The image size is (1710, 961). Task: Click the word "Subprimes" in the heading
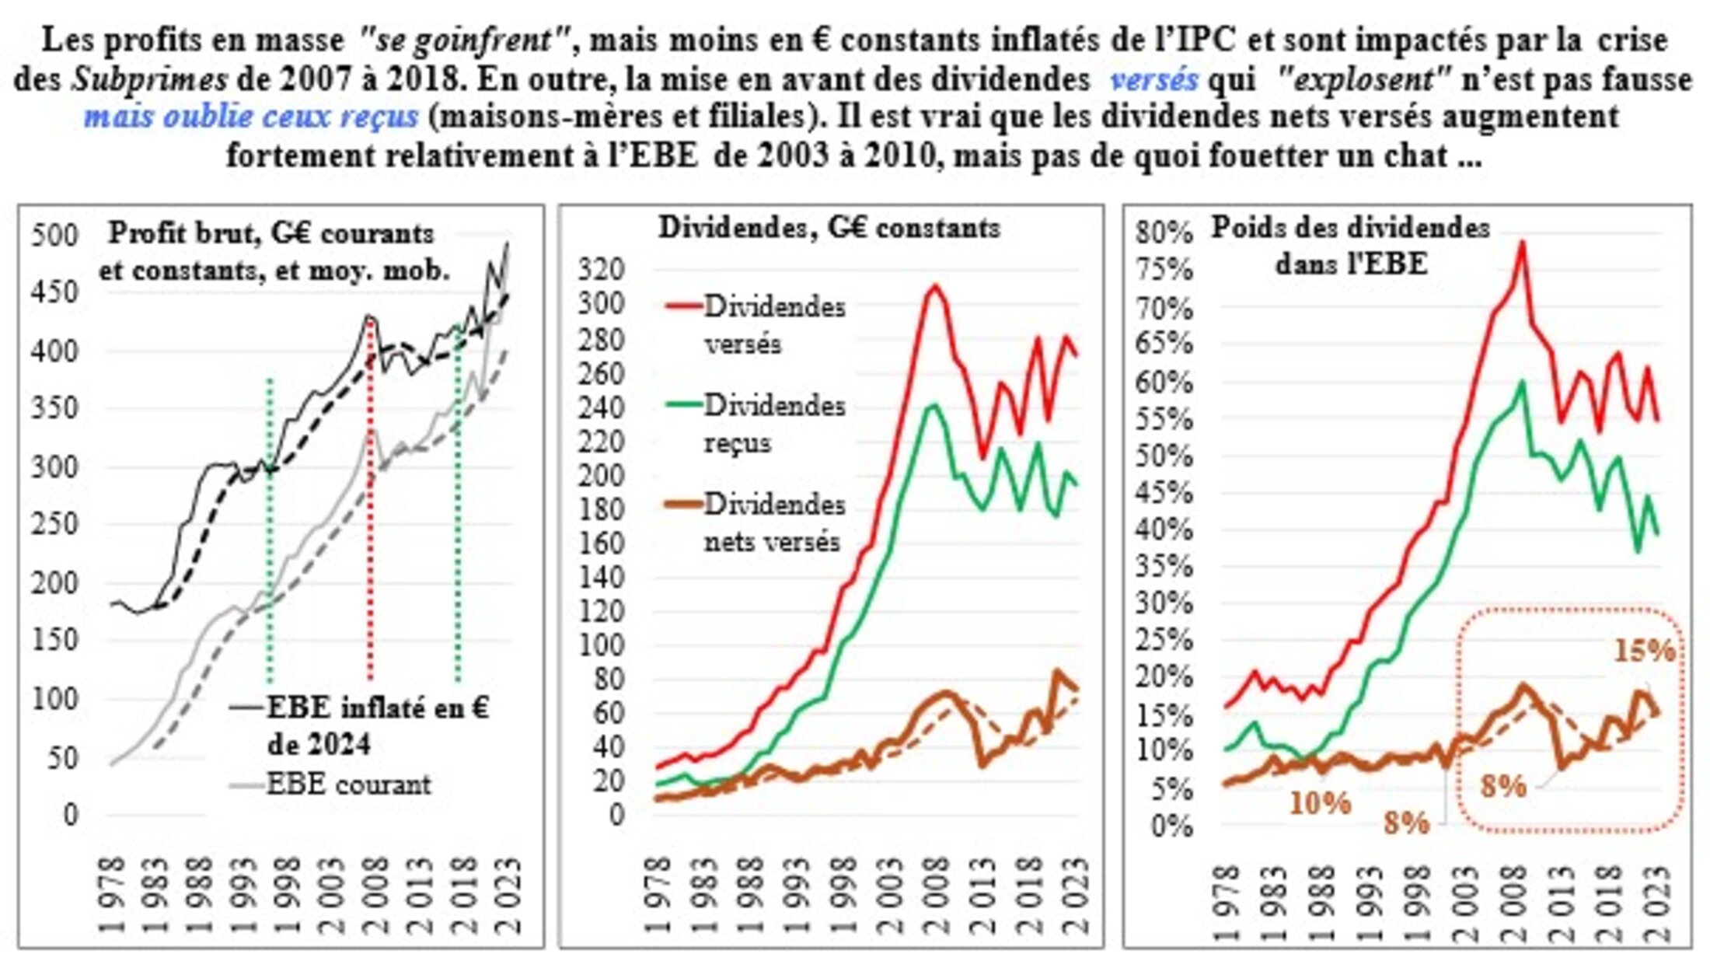pos(150,79)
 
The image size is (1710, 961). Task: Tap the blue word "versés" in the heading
pos(1153,79)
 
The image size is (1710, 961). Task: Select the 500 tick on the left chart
pos(55,235)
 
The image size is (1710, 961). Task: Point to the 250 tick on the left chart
pos(55,524)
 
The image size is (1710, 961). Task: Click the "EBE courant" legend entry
pos(348,784)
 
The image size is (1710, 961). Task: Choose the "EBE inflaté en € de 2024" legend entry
pos(378,725)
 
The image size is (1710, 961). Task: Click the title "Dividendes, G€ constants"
pos(829,227)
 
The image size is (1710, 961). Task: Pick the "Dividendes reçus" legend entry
pos(773,424)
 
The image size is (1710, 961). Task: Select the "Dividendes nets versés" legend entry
pos(773,522)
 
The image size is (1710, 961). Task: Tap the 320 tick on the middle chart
pos(601,269)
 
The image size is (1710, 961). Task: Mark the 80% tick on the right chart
pos(1164,232)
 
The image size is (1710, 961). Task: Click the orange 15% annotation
pos(1644,651)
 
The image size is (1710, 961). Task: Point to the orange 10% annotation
pos(1320,802)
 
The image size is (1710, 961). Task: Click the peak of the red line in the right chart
pos(1522,243)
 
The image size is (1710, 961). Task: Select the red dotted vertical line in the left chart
pos(370,498)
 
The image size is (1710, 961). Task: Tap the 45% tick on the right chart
pos(1164,492)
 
